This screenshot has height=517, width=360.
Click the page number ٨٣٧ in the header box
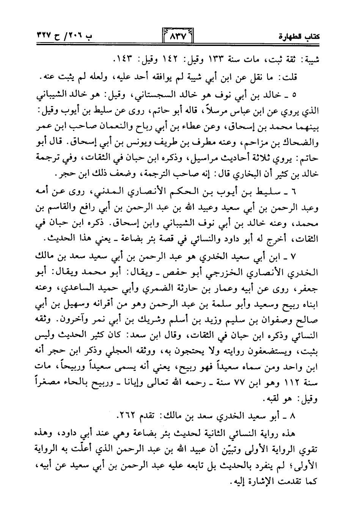[x=177, y=38]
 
